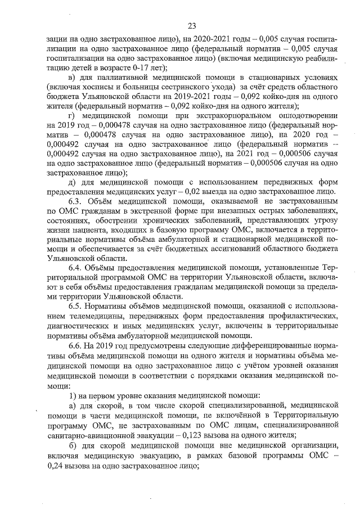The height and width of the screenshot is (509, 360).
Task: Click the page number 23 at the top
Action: coord(191,26)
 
